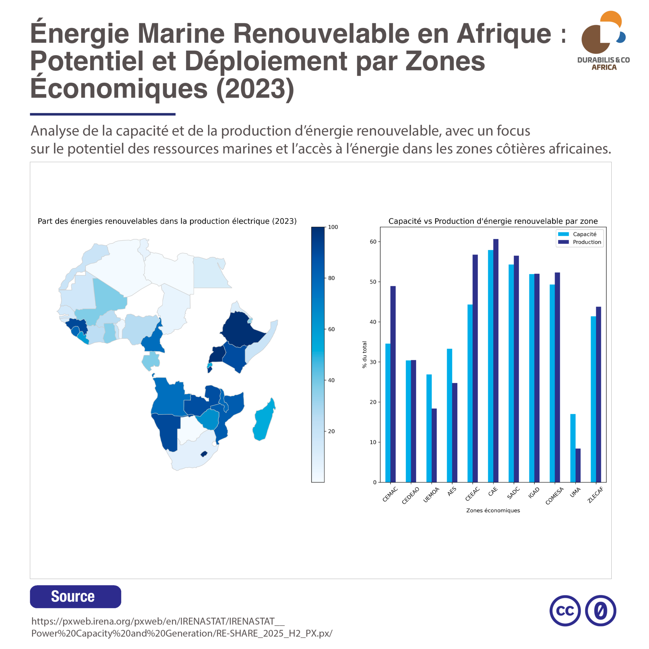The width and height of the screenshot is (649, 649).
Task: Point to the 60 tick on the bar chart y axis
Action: pos(373,241)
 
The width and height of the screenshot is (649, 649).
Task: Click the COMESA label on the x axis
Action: pos(554,496)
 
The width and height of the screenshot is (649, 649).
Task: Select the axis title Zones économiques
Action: pos(493,510)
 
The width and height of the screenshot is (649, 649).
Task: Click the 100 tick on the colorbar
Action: pos(332,227)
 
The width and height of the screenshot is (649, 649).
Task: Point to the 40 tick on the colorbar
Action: pos(331,380)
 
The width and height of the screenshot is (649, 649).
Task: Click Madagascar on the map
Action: pos(264,420)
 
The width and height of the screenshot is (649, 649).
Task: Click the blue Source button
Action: pos(76,597)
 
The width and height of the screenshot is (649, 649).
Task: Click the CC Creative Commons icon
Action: pos(565,611)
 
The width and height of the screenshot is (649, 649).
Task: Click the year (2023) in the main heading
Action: pos(255,89)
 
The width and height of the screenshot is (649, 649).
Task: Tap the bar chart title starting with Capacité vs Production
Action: pos(493,221)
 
